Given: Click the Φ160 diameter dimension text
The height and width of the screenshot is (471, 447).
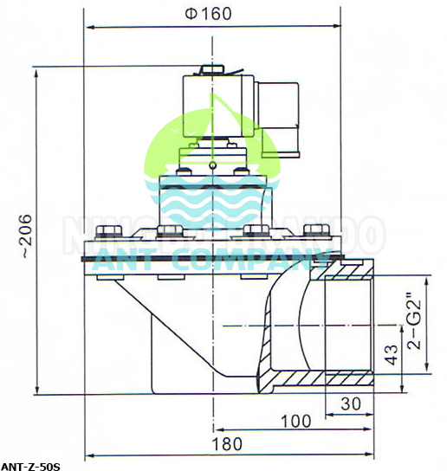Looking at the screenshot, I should pyautogui.click(x=212, y=15).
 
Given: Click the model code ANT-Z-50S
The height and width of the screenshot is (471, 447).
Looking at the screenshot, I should pyautogui.click(x=31, y=466).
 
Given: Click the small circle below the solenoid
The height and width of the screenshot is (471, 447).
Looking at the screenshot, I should pyautogui.click(x=211, y=164).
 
